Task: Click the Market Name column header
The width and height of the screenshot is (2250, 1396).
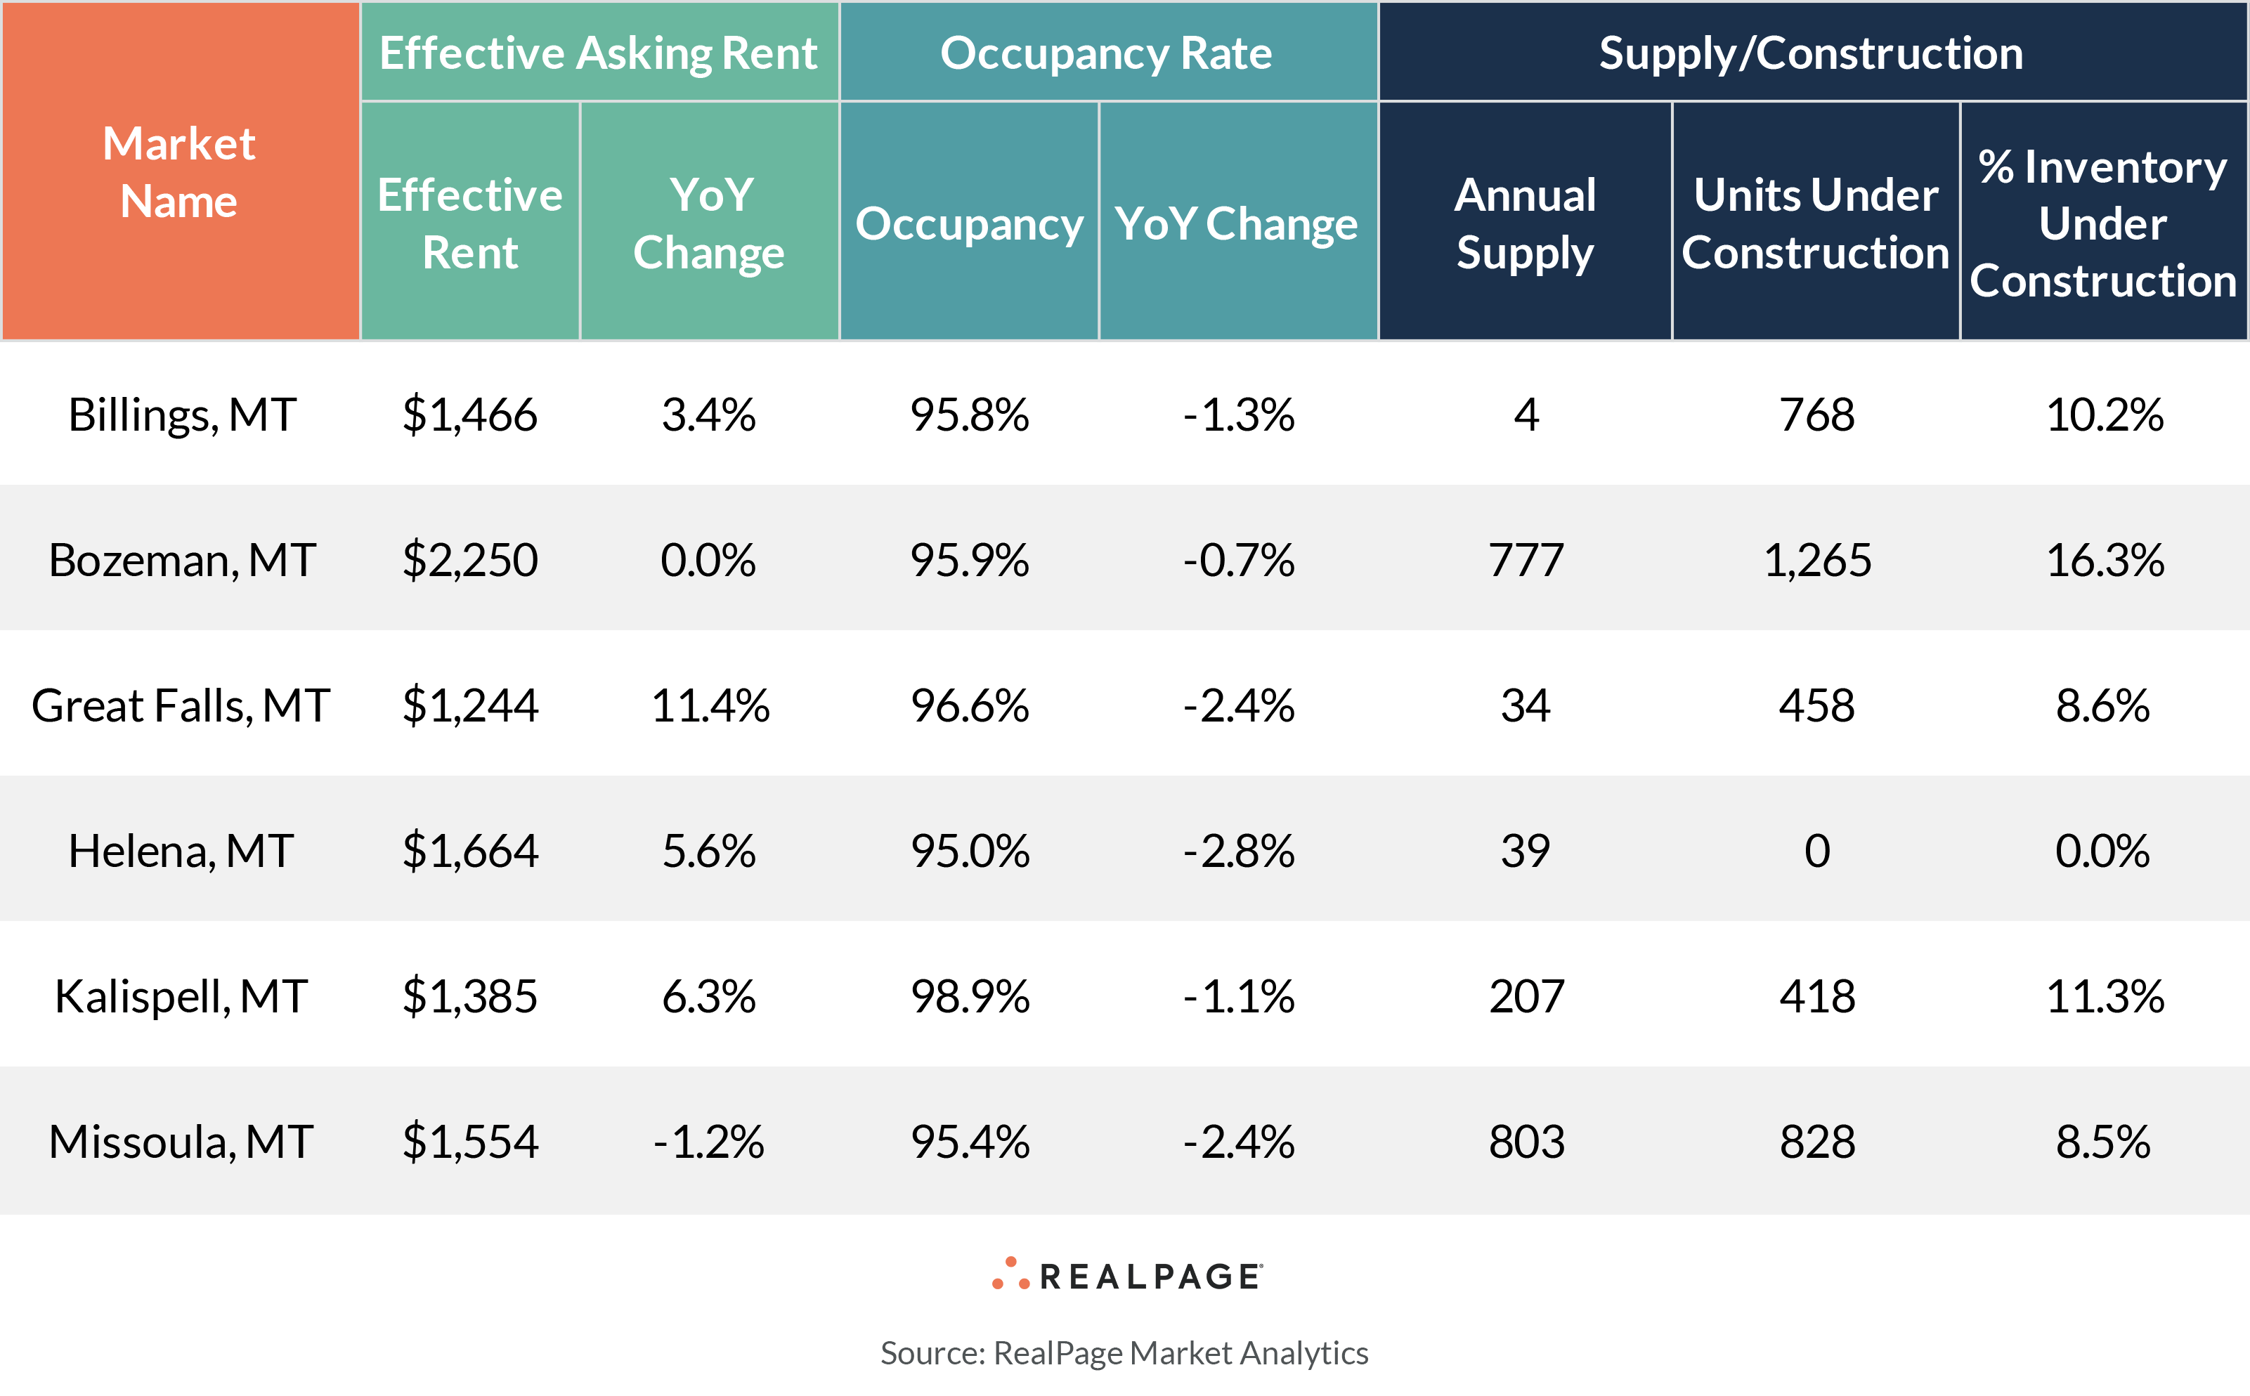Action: (x=179, y=171)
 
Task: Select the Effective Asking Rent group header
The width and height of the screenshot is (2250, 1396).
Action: (x=598, y=53)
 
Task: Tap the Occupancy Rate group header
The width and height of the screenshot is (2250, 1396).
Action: (x=1106, y=53)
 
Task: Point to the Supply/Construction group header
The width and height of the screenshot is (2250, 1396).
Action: (x=1811, y=53)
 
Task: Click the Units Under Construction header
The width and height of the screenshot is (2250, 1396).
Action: (x=1815, y=223)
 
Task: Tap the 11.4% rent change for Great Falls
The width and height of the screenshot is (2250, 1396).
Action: (x=709, y=705)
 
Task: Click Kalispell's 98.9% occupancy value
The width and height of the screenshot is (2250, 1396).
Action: (x=970, y=996)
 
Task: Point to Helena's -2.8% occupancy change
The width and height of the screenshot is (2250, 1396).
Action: (x=1238, y=850)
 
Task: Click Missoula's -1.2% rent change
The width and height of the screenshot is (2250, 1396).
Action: (x=708, y=1142)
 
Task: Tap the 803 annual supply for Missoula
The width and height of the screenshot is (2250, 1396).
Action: (x=1526, y=1142)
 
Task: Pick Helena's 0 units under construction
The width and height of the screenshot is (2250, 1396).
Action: (x=1816, y=850)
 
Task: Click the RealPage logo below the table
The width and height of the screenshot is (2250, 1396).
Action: (x=1126, y=1276)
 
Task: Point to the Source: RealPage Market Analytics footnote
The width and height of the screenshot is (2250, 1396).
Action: (x=1124, y=1352)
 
